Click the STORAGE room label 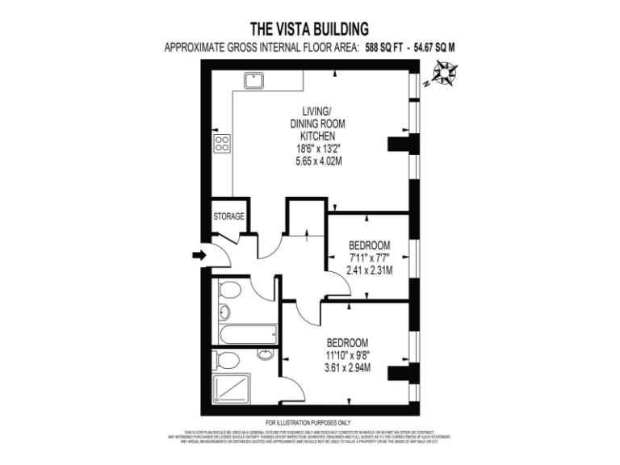point(228,216)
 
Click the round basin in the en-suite point(264,354)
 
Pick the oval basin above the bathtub point(224,312)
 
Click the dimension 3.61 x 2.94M point(348,368)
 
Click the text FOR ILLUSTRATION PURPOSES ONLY point(308,423)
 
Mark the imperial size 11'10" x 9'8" point(348,355)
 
